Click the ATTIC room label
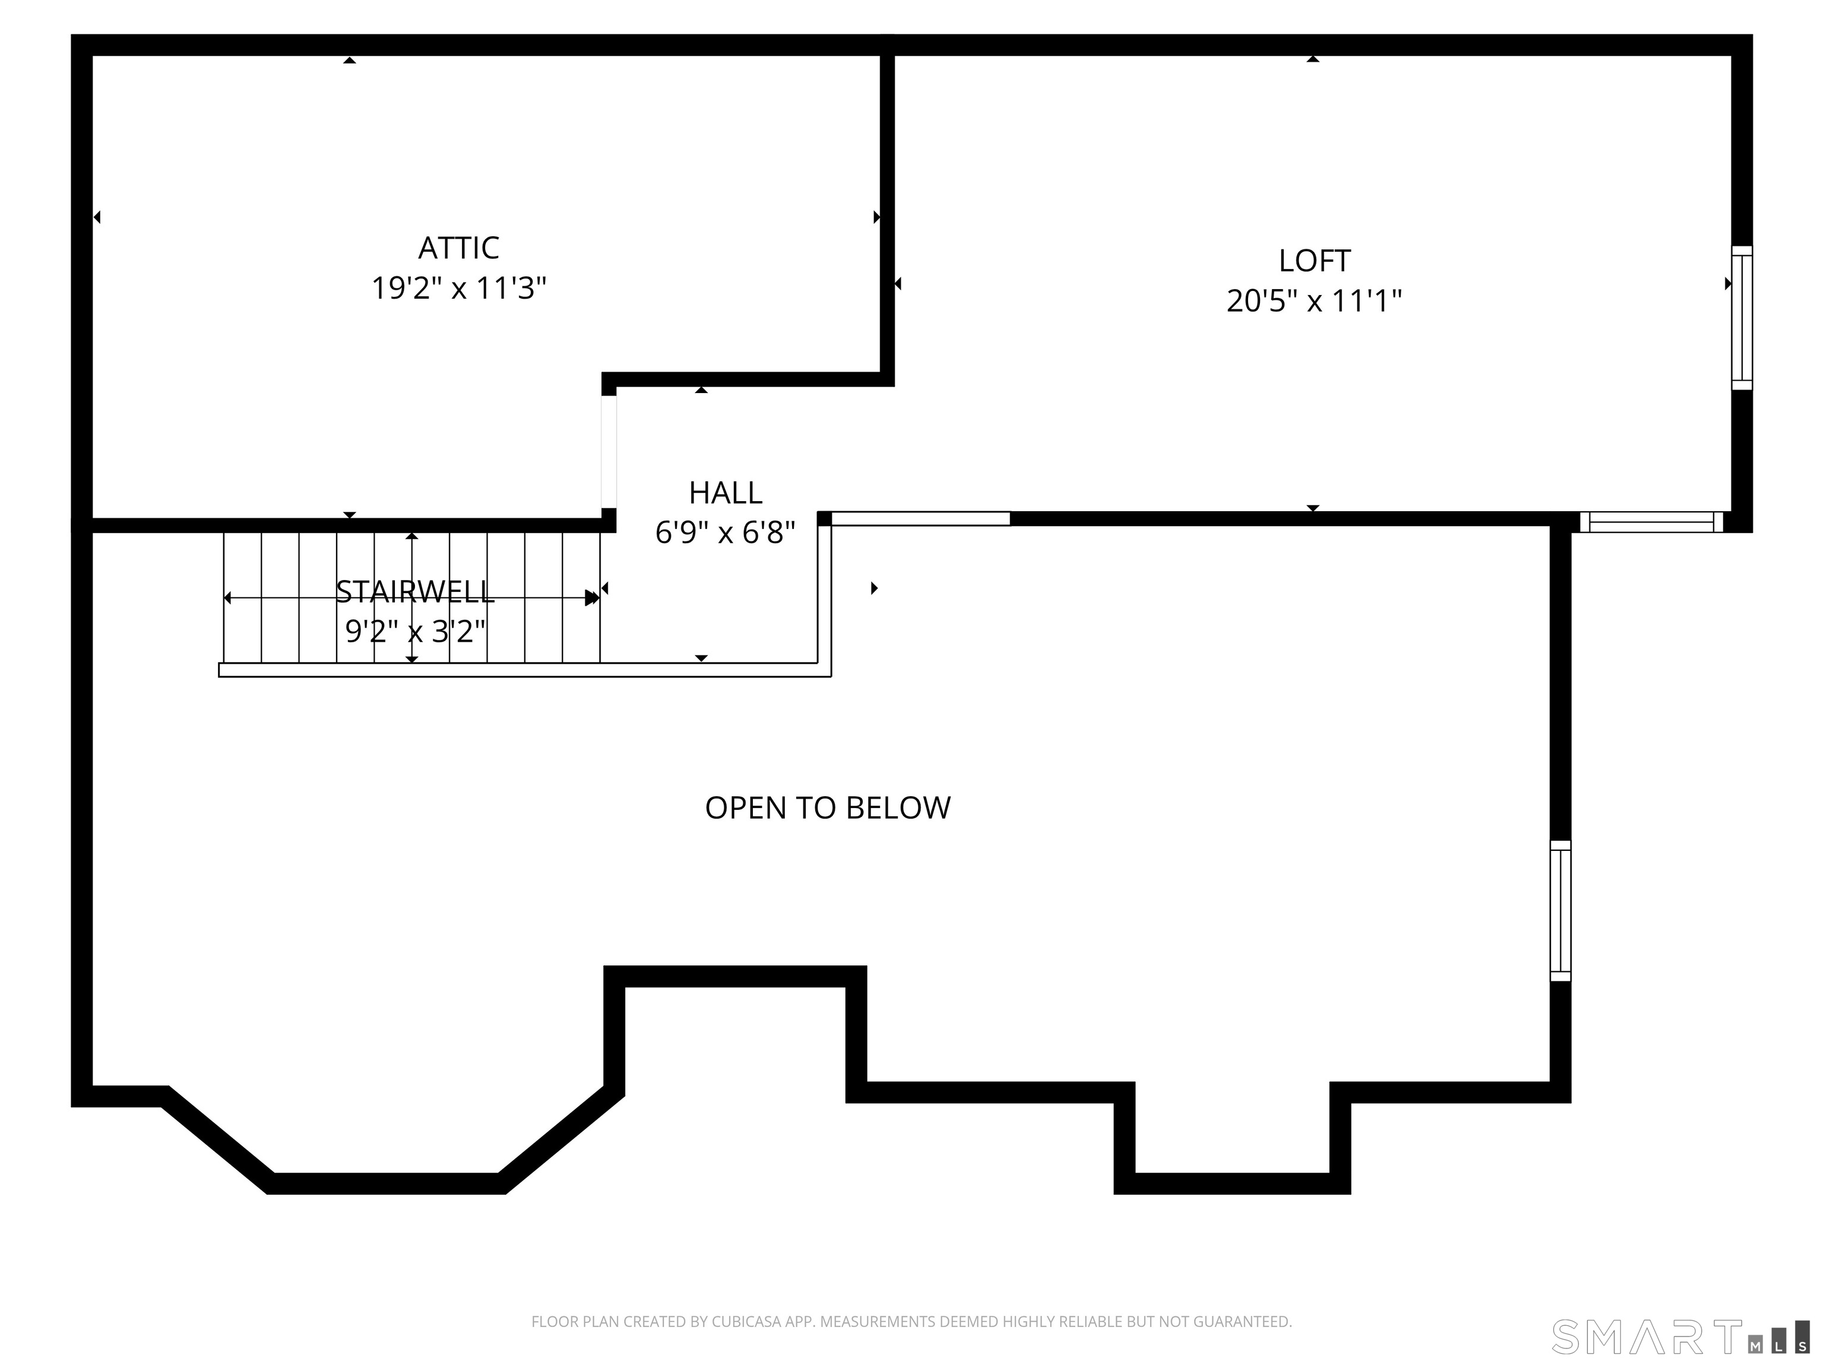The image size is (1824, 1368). click(x=458, y=248)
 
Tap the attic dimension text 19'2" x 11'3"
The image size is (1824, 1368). click(x=458, y=288)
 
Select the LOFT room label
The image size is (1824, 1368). click(x=1313, y=261)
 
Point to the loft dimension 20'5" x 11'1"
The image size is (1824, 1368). click(x=1313, y=301)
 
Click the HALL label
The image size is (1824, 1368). click(x=725, y=492)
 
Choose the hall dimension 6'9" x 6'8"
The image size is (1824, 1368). click(x=725, y=533)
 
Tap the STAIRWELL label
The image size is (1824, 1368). click(x=415, y=591)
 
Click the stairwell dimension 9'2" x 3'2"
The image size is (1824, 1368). click(x=415, y=631)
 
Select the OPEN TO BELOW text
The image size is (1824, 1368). click(x=828, y=808)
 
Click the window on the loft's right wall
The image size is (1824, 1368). click(x=1741, y=318)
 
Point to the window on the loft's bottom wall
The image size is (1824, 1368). click(x=1651, y=522)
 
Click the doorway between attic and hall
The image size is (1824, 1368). click(x=609, y=452)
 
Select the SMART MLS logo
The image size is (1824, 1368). click(x=1680, y=1337)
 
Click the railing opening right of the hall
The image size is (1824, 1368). click(x=920, y=519)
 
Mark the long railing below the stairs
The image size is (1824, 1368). click(x=524, y=670)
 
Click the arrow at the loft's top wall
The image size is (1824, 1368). click(x=1313, y=59)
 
